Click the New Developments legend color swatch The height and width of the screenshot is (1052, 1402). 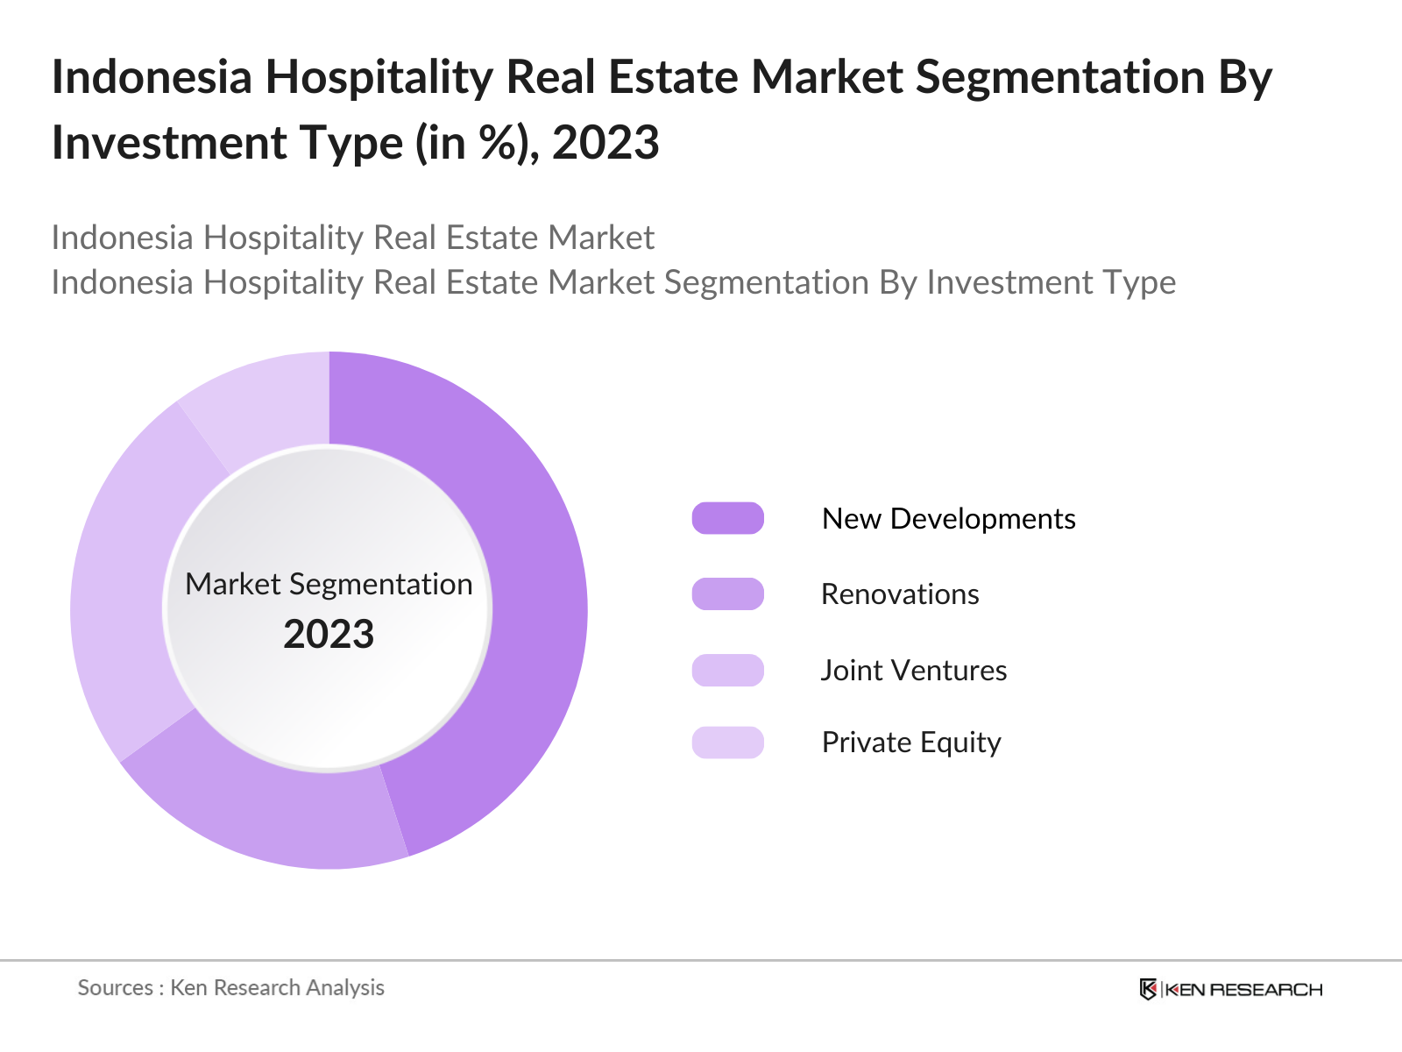coord(727,518)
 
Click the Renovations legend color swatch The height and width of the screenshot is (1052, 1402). coord(727,594)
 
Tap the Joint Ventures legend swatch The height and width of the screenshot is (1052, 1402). coord(727,670)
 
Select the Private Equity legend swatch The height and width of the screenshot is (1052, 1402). coord(727,743)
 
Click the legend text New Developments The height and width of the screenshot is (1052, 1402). coord(948,518)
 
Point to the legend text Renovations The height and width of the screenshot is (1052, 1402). coord(900,594)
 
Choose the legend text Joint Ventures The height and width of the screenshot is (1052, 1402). coord(914,670)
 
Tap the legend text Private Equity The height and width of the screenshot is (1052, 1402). coord(911,743)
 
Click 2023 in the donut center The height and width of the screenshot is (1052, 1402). coord(329,634)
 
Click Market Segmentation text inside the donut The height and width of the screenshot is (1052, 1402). coord(329,584)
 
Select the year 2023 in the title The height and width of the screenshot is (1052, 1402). coord(605,142)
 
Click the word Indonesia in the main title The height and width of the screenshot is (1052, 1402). coord(152,77)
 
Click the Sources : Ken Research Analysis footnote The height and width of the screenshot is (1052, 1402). coord(231,987)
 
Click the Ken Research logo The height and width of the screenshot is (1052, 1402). coord(1230,989)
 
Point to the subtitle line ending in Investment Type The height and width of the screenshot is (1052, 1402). coord(613,282)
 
